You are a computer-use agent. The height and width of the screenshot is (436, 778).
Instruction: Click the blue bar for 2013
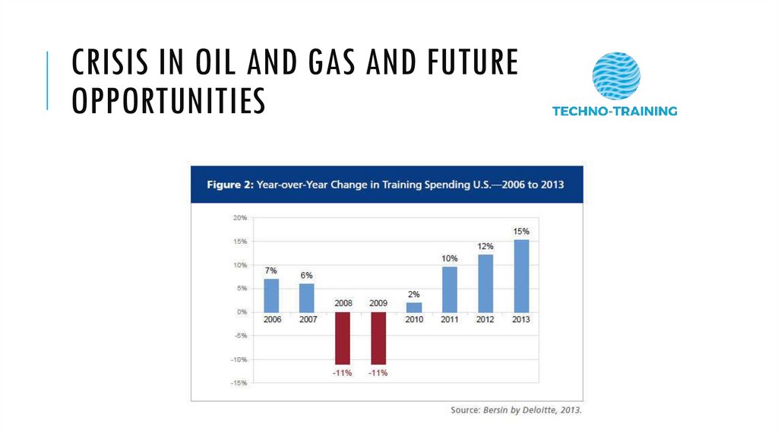pos(521,276)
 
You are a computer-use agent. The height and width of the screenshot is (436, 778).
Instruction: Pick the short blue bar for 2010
pos(414,307)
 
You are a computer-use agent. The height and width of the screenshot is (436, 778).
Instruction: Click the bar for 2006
pos(271,295)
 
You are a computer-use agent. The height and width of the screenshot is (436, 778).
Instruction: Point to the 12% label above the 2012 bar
pos(485,246)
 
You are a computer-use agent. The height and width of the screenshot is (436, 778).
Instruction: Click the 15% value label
pos(521,231)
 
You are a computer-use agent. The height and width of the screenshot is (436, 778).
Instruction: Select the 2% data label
pos(414,295)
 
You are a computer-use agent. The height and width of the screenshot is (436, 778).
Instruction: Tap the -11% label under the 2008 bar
pos(343,373)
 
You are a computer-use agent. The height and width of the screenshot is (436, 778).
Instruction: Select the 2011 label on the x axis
pos(450,320)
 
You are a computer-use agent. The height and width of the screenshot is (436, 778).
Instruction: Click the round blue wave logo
pos(615,76)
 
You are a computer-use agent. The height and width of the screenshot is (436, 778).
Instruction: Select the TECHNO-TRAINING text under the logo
pos(615,111)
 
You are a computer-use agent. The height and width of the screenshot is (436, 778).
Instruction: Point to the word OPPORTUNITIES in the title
pos(169,101)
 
